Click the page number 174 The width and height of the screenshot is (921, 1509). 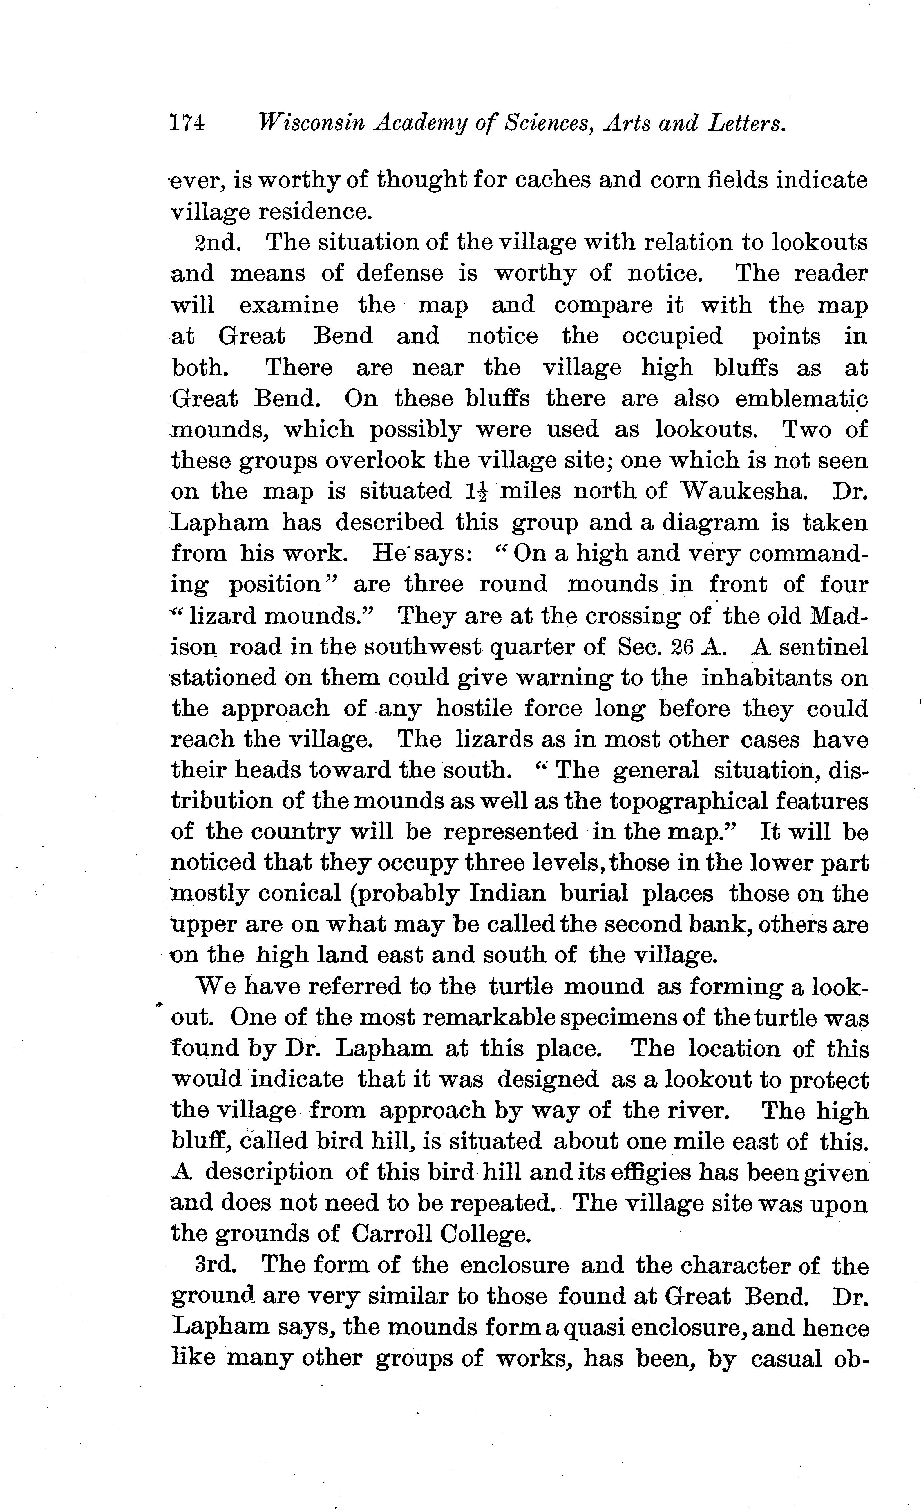pyautogui.click(x=187, y=124)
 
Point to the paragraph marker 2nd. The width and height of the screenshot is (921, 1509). pyautogui.click(x=217, y=243)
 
